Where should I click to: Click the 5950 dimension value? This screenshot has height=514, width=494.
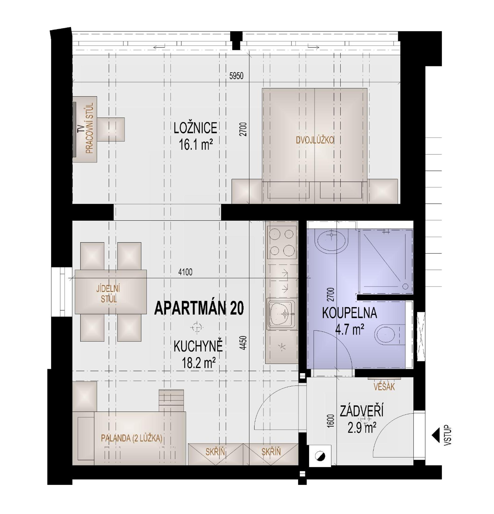point(236,76)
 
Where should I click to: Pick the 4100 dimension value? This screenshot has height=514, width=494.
point(185,272)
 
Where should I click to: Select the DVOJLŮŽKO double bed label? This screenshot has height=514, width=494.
point(315,140)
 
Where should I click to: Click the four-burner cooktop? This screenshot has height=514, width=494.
point(282,242)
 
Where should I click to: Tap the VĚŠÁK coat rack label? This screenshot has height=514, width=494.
point(384,387)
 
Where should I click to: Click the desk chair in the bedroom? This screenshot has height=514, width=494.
point(111,129)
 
